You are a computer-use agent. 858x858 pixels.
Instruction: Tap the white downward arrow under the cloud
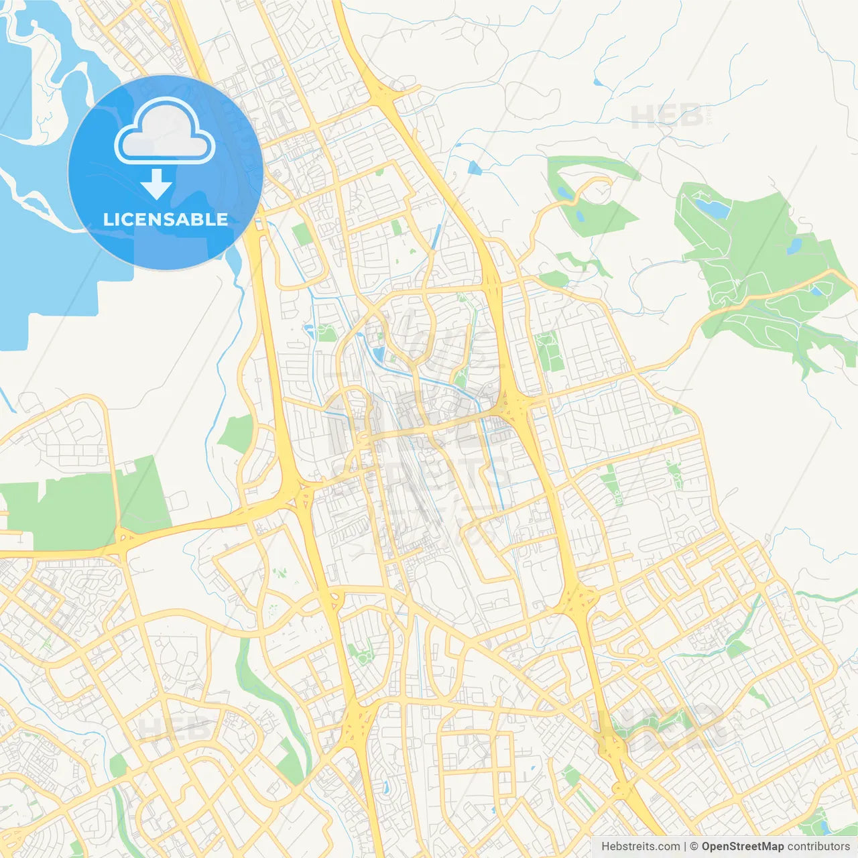pos(157,184)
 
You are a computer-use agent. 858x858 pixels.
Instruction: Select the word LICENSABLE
pos(166,219)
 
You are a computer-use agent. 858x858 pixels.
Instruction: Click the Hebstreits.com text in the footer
pos(640,847)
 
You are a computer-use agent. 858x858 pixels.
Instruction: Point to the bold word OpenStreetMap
pos(742,847)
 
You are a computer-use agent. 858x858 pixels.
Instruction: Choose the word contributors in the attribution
pos(818,847)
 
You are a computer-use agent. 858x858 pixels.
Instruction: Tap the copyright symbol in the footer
pos(694,847)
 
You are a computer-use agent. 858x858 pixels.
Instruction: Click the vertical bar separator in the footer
pos(686,847)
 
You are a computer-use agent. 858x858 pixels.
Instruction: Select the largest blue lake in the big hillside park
pos(713,208)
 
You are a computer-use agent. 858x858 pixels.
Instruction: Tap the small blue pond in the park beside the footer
pos(824,814)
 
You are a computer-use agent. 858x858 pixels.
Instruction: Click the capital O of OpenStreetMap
pos(707,847)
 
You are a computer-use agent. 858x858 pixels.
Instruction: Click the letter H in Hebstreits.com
pos(605,847)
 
